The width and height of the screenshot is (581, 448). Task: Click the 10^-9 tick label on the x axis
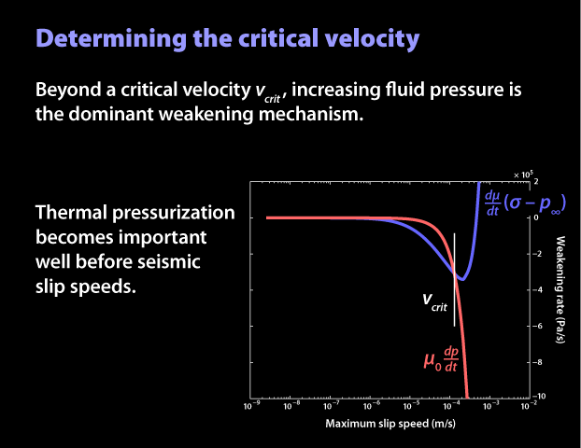(x=250, y=406)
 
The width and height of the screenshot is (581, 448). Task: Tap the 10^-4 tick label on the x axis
(x=449, y=406)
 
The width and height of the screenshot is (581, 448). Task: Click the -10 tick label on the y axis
(x=539, y=397)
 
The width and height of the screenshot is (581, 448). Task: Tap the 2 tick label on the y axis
(x=536, y=181)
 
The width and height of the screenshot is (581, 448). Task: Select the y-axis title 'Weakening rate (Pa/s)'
(x=561, y=289)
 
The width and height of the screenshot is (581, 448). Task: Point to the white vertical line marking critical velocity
(x=455, y=280)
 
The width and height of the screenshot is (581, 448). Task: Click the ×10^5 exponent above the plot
(x=522, y=174)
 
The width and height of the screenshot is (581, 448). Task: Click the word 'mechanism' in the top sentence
(x=305, y=118)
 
